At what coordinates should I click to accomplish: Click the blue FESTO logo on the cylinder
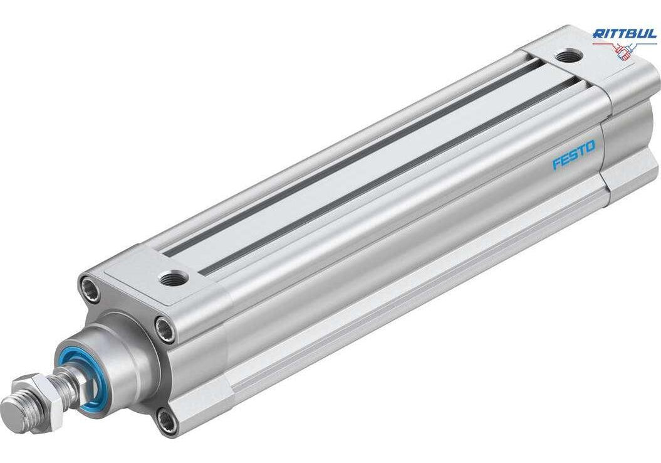pos(574,154)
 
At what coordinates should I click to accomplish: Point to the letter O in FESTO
pos(591,146)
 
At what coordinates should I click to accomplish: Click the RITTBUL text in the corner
pos(625,34)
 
